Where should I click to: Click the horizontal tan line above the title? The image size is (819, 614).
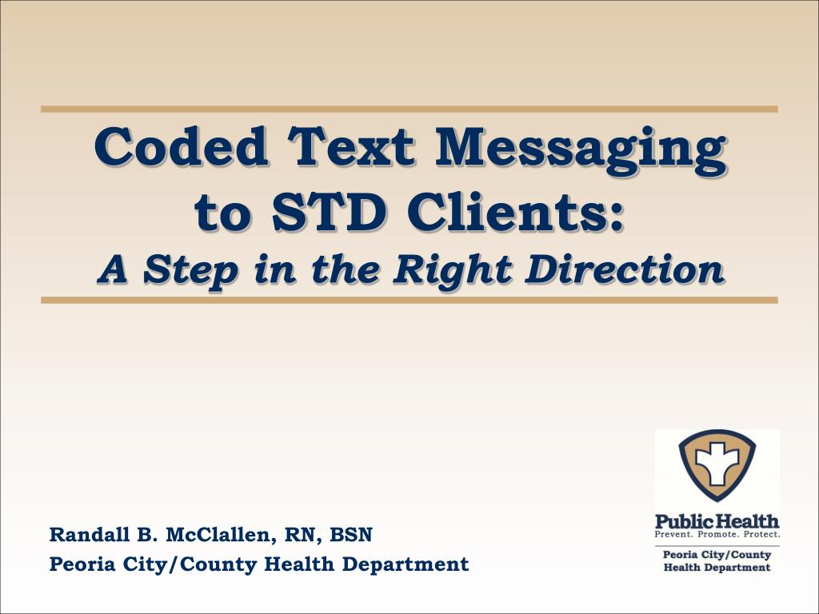(x=409, y=109)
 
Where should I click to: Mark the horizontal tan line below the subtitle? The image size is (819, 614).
(x=409, y=300)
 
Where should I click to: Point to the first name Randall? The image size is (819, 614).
(x=82, y=534)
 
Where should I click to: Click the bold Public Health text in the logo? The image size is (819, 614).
(x=717, y=521)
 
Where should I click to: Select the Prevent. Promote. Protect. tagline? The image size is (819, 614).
(x=717, y=533)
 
